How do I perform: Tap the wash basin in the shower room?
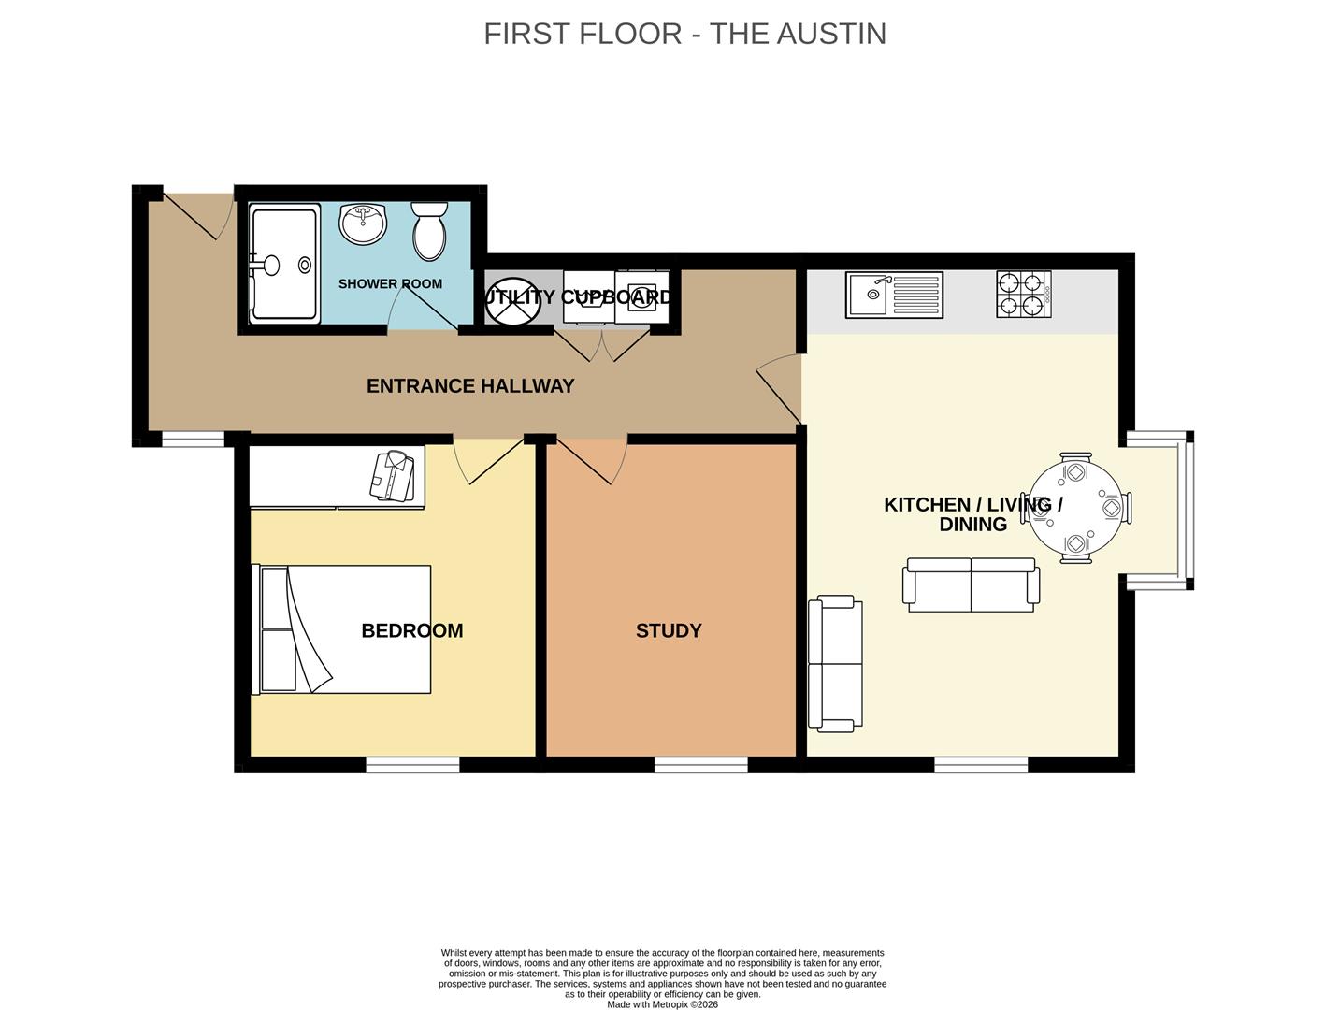pos(362,224)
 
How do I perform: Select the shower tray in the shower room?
pos(284,266)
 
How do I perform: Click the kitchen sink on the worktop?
pos(894,294)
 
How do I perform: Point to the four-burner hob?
pos(1023,294)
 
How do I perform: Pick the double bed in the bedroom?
pos(342,628)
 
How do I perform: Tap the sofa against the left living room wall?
pos(835,663)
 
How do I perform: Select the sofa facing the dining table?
pos(971,585)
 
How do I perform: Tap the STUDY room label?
pos(668,631)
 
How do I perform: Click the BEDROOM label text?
pos(411,631)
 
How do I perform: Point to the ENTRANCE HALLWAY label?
pos(469,386)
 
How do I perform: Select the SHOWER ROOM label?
pos(390,283)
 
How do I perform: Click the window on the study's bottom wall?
pos(700,765)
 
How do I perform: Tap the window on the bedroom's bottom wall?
pos(412,765)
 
